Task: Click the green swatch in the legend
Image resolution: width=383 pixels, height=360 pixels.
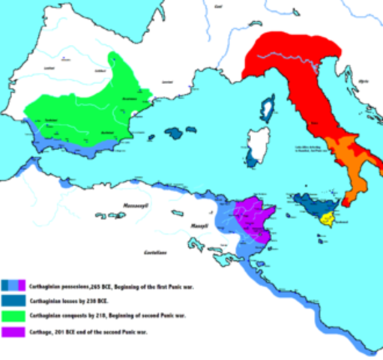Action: [14, 316]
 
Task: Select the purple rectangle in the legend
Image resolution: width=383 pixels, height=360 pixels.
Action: [14, 331]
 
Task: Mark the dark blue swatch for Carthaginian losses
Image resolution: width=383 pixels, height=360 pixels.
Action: [14, 301]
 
